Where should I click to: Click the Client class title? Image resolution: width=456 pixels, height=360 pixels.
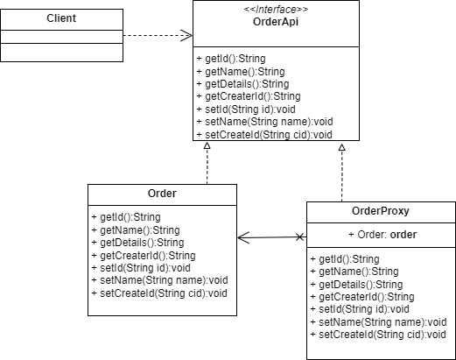click(x=61, y=18)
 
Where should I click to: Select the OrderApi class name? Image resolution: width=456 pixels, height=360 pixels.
click(x=276, y=22)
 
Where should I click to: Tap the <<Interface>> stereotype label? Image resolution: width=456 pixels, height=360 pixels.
click(x=276, y=10)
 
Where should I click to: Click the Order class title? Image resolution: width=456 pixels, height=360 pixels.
click(x=162, y=194)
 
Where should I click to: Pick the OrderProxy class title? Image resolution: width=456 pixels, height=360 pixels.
click(x=381, y=211)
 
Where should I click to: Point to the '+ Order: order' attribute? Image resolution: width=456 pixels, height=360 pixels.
click(x=382, y=235)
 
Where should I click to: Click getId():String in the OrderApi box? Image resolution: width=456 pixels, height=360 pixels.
click(x=231, y=59)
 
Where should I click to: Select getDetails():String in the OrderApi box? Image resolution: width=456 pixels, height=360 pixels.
click(x=242, y=84)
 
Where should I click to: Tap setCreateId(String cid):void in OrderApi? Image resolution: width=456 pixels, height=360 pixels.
click(x=264, y=135)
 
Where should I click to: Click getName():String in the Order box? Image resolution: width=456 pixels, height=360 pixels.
click(x=136, y=230)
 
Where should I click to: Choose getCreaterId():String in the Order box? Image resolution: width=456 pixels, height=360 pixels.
click(x=144, y=256)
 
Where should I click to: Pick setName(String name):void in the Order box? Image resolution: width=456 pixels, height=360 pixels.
click(x=159, y=280)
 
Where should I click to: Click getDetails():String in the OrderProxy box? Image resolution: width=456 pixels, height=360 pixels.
click(x=356, y=285)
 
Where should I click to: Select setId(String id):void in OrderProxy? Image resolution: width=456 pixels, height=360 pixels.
click(x=360, y=309)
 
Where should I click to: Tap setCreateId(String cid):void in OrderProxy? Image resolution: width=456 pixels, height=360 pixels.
click(x=378, y=335)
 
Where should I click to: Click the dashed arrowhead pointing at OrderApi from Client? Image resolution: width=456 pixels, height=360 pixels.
click(x=186, y=36)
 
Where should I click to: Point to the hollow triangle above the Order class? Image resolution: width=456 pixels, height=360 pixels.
click(x=207, y=145)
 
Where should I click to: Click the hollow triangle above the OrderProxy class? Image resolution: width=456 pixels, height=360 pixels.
click(x=342, y=147)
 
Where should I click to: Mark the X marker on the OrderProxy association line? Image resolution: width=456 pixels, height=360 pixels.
click(x=300, y=237)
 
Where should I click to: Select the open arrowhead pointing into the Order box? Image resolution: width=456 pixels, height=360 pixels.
click(x=243, y=237)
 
